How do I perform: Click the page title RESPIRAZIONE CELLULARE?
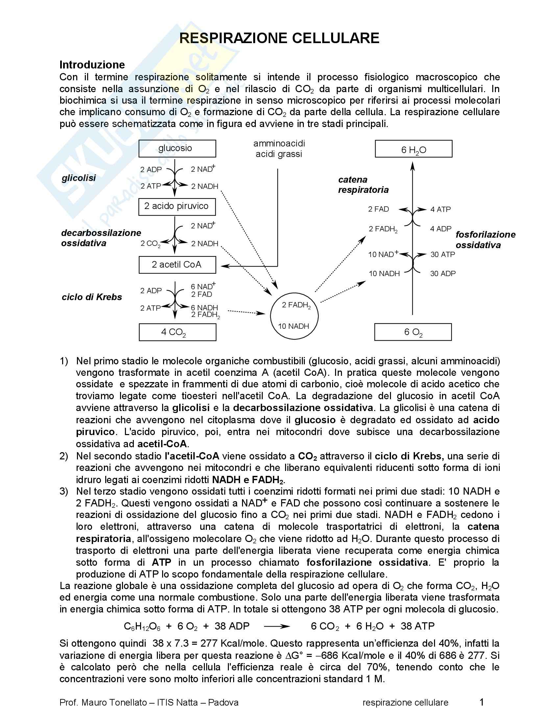pyautogui.click(x=279, y=39)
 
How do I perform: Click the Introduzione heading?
pyautogui.click(x=92, y=65)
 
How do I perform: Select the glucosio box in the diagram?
pyautogui.click(x=177, y=148)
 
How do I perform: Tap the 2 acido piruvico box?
pyautogui.click(x=177, y=206)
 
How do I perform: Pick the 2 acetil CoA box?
pyautogui.click(x=177, y=265)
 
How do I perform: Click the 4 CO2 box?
pyautogui.click(x=177, y=332)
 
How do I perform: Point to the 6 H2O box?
pyautogui.click(x=413, y=149)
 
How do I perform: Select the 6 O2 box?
pyautogui.click(x=413, y=332)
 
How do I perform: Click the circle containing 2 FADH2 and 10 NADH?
pyautogui.click(x=294, y=316)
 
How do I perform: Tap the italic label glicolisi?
pyautogui.click(x=79, y=178)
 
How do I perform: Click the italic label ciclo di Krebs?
pyautogui.click(x=92, y=297)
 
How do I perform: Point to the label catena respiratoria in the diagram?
pyautogui.click(x=363, y=185)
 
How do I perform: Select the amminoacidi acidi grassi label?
pyautogui.click(x=279, y=149)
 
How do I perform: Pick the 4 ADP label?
pyautogui.click(x=440, y=229)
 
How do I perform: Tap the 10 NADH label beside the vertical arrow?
pyautogui.click(x=384, y=274)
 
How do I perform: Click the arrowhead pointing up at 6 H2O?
pyautogui.click(x=412, y=166)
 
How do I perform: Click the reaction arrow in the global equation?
pyautogui.click(x=277, y=626)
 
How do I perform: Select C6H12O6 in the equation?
pyautogui.click(x=142, y=626)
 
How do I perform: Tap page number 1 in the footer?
pyautogui.click(x=481, y=702)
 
